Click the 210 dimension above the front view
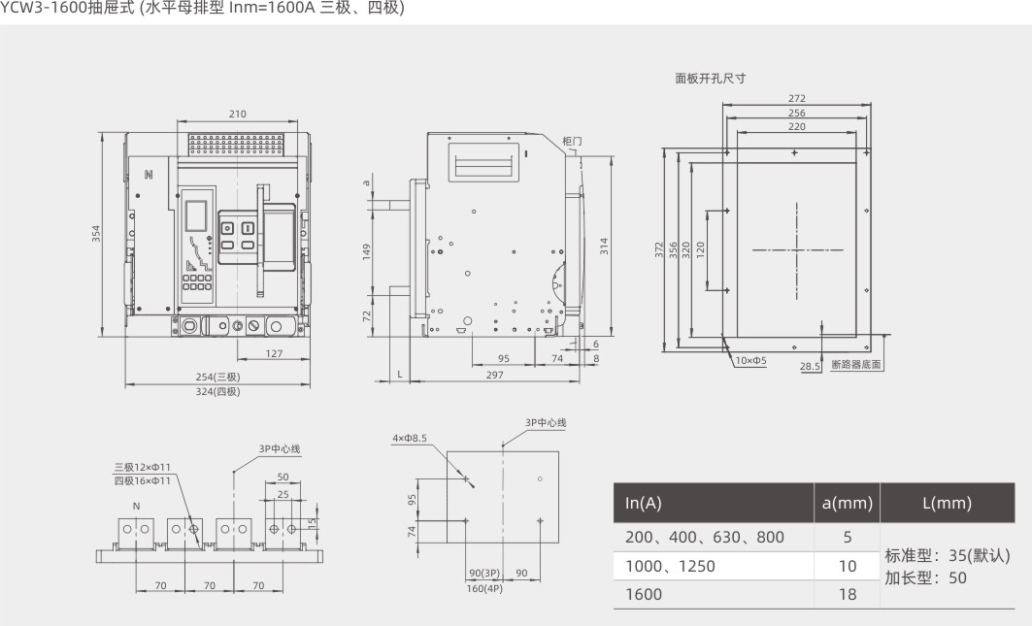[x=238, y=114]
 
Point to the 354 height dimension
[x=96, y=234]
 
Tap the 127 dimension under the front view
[x=274, y=353]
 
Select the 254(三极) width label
[x=217, y=378]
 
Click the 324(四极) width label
[x=217, y=392]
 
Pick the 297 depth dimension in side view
[x=494, y=375]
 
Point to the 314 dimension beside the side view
[x=604, y=247]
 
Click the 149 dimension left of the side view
[x=367, y=252]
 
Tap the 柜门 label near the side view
[x=573, y=141]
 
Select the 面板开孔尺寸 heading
[x=711, y=79]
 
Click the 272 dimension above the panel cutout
[x=797, y=99]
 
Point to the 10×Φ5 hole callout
[x=750, y=361]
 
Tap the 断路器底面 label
[x=856, y=364]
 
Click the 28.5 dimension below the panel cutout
[x=811, y=367]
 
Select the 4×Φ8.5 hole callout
[x=410, y=438]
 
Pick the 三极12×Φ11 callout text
[x=142, y=468]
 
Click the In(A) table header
[x=643, y=503]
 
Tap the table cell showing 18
[x=848, y=594]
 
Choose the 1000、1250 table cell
[x=670, y=566]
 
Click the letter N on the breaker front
[x=149, y=175]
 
